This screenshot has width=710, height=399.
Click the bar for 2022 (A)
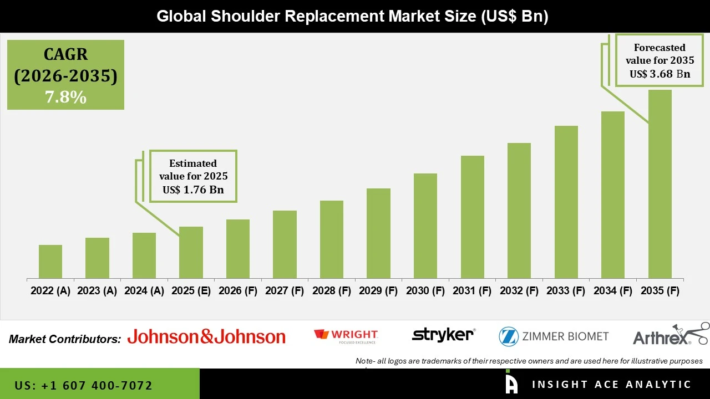click(50, 262)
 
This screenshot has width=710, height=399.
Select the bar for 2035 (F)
click(660, 184)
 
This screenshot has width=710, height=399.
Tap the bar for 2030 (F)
click(425, 226)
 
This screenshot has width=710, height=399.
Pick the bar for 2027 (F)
click(285, 244)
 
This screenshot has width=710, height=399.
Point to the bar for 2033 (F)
click(566, 202)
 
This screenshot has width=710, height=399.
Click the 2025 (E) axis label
click(191, 291)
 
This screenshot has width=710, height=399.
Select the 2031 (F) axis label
click(472, 291)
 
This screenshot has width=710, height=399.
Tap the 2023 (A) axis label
click(97, 291)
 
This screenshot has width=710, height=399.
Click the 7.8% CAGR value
click(65, 98)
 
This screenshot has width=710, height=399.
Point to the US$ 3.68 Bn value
click(660, 74)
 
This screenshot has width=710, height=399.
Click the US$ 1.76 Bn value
click(193, 190)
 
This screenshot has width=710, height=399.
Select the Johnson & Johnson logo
click(206, 336)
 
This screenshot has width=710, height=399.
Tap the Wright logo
click(346, 336)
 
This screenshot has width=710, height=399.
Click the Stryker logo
click(443, 335)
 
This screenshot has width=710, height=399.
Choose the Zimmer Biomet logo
click(553, 336)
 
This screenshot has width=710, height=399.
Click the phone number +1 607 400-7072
click(83, 385)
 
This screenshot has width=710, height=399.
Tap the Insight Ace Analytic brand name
click(611, 385)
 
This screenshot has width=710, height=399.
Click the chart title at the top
click(352, 16)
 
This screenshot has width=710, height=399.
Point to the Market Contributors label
click(65, 339)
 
